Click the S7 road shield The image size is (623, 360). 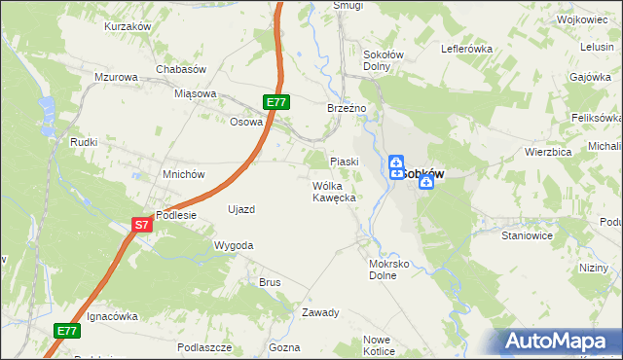(142, 226)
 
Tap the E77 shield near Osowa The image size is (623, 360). (276, 101)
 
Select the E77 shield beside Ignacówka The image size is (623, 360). (67, 331)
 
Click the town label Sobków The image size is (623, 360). (423, 174)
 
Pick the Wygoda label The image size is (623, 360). (234, 246)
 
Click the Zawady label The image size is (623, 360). (319, 313)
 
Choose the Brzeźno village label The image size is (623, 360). (346, 109)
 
